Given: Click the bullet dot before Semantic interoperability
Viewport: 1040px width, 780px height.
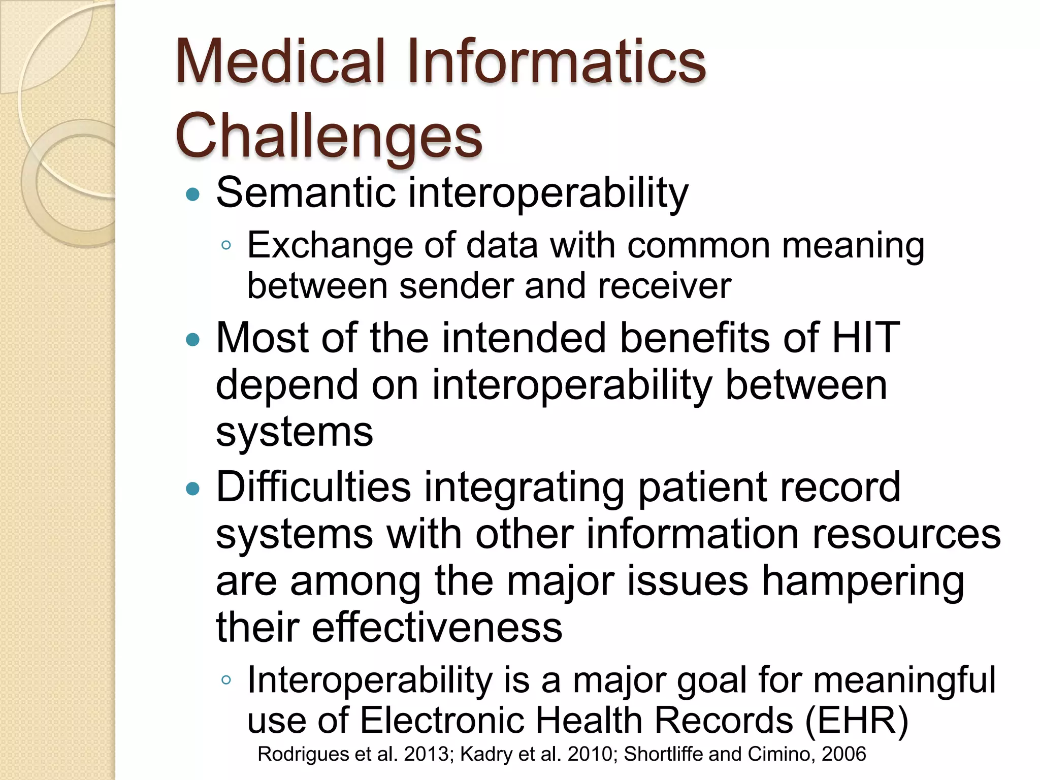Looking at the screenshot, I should pyautogui.click(x=193, y=194).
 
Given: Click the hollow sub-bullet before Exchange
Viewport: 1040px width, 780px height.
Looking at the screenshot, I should pyautogui.click(x=226, y=246).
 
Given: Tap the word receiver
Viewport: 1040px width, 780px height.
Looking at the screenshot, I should pyautogui.click(x=665, y=286).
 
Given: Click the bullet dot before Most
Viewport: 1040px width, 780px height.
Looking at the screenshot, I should pyautogui.click(x=193, y=339).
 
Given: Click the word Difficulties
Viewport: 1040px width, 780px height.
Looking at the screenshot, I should pyautogui.click(x=313, y=486).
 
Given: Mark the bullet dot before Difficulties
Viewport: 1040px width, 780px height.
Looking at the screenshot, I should pyautogui.click(x=193, y=489).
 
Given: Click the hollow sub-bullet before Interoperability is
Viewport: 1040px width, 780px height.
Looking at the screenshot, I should pyautogui.click(x=226, y=680).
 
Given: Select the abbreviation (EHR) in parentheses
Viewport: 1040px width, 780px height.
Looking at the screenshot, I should pyautogui.click(x=857, y=720).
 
